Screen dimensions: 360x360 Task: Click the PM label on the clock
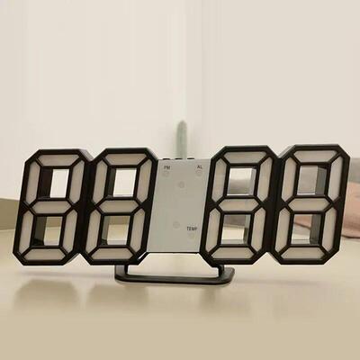click(166, 167)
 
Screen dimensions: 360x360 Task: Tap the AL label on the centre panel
click(198, 167)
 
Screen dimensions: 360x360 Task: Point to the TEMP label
click(192, 229)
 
